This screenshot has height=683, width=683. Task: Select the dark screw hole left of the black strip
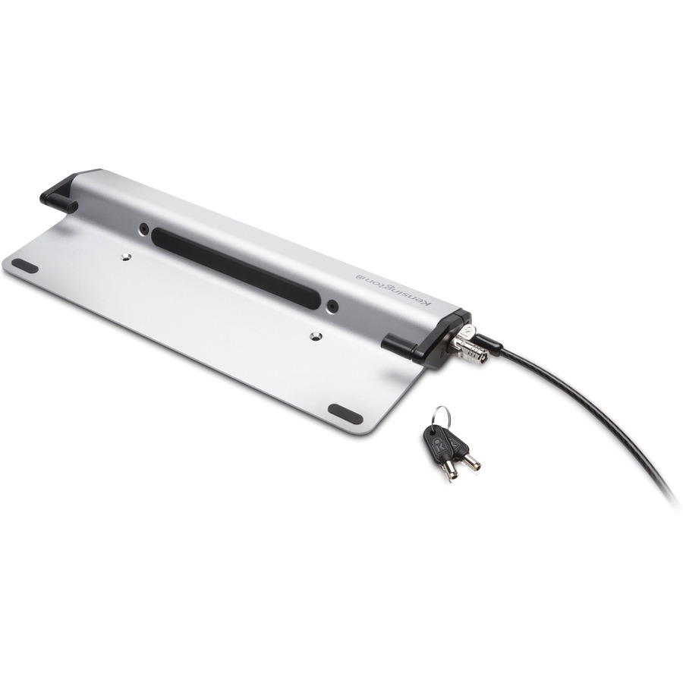point(143,227)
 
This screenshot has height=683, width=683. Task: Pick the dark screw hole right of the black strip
point(332,306)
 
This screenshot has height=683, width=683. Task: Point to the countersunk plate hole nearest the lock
point(316,335)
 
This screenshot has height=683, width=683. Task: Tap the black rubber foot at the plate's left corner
point(25,266)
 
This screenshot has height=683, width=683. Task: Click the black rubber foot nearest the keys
point(345,414)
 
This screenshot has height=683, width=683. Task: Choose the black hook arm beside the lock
point(400,347)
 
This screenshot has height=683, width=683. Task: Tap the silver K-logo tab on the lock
point(468,331)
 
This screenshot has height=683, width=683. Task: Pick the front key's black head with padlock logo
point(438,442)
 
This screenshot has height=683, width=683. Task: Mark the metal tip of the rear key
point(472,462)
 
